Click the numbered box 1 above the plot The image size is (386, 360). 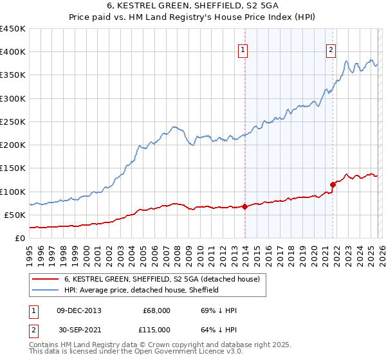[x=243, y=51]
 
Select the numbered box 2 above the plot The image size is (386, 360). [x=331, y=51]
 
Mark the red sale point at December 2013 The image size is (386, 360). [x=245, y=206]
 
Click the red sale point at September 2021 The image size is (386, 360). [x=333, y=184]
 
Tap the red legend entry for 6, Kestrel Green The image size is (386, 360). [x=161, y=280]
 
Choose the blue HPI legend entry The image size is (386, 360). [x=142, y=291]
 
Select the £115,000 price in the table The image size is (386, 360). [x=156, y=329]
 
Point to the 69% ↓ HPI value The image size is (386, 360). [x=219, y=310]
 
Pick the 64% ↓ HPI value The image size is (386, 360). [x=219, y=329]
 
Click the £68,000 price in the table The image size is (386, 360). [x=156, y=310]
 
